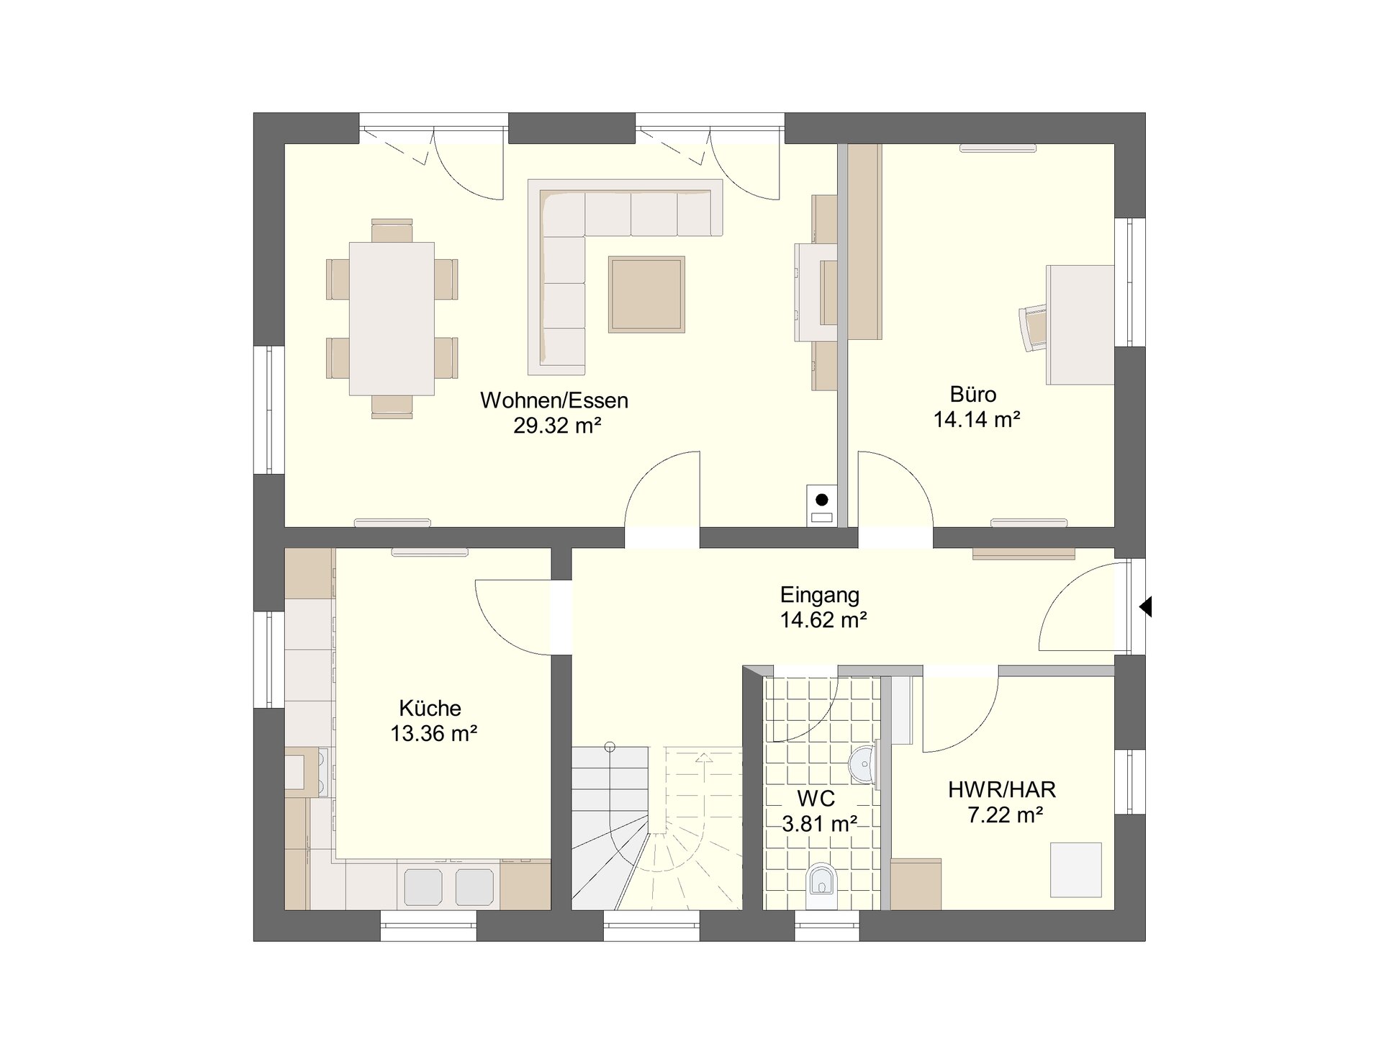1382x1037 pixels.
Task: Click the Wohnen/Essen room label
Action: [554, 400]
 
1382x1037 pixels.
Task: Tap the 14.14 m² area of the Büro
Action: [977, 419]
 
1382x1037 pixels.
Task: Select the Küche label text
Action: [430, 708]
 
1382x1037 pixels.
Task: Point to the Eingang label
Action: [820, 596]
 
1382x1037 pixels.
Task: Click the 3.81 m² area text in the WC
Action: [819, 823]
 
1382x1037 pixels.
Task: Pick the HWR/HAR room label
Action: [1002, 789]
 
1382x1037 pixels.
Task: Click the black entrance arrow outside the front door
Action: [1145, 607]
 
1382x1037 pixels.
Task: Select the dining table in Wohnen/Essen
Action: [392, 319]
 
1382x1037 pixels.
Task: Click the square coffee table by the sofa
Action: [646, 295]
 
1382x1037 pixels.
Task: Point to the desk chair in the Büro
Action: [1033, 328]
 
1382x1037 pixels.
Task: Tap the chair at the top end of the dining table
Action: [392, 230]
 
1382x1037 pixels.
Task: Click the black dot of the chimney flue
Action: [821, 500]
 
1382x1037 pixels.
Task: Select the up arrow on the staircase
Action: [703, 757]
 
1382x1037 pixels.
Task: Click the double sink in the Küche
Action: [448, 886]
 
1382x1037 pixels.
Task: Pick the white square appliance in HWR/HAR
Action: [1076, 870]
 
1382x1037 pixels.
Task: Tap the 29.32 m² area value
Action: [557, 426]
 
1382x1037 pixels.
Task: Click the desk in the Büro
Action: [1080, 325]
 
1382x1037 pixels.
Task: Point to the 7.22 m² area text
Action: [1006, 815]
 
